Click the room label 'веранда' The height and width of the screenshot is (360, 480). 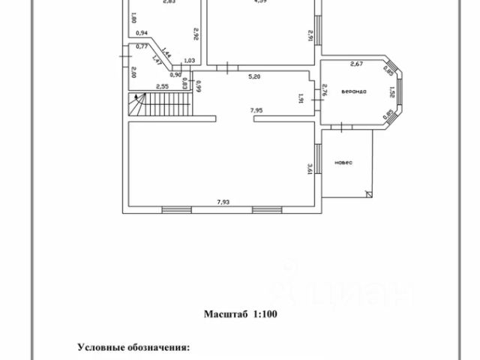353,91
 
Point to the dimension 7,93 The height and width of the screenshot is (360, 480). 223,202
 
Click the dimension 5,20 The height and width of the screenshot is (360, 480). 256,76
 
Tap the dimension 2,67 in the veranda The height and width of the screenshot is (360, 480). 357,64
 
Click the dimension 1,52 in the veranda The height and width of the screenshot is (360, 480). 391,92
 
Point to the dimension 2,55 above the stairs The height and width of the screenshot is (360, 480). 161,87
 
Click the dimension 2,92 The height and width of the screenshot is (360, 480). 196,33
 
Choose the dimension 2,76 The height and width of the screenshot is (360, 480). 323,91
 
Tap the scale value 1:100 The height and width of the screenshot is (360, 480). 263,315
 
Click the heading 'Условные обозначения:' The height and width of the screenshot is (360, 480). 134,348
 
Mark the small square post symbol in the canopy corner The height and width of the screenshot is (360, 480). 367,193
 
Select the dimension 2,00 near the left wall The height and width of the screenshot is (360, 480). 132,73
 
